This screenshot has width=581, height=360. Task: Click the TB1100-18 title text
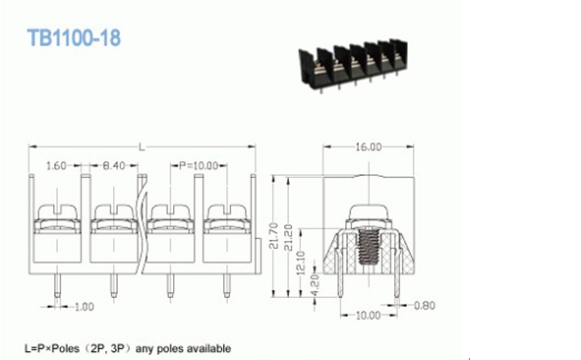click(74, 37)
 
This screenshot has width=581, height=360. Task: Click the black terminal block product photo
click(353, 65)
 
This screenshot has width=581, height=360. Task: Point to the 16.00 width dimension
click(369, 147)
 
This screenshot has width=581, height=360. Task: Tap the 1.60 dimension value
click(56, 165)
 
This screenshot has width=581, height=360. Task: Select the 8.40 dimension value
click(114, 165)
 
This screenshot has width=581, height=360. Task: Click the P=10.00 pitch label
click(199, 165)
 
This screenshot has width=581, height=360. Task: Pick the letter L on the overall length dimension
click(142, 148)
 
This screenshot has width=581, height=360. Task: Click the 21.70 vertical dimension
click(273, 236)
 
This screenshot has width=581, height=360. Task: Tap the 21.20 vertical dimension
click(289, 238)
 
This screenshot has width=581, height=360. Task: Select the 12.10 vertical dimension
click(301, 262)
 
